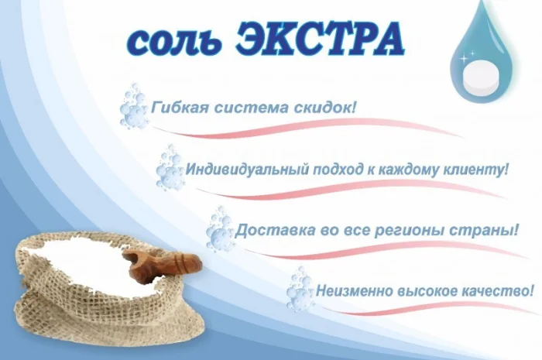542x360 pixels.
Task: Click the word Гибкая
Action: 179,105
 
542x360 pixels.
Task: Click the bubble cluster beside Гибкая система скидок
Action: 134,108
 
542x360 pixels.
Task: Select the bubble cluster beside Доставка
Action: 220,228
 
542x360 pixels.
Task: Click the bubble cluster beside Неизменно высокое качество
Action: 299,290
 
